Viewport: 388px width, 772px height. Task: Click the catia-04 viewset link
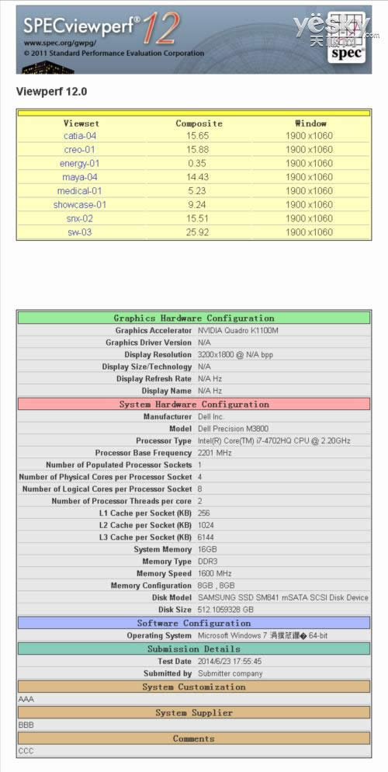click(80, 136)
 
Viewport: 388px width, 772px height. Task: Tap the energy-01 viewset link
click(80, 164)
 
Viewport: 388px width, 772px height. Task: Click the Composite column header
click(199, 123)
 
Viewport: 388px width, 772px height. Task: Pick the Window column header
click(310, 123)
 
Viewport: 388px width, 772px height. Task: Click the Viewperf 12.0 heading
click(51, 92)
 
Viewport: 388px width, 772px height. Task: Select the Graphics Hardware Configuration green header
click(194, 318)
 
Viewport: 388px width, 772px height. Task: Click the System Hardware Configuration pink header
click(194, 405)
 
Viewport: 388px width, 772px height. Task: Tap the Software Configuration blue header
click(194, 623)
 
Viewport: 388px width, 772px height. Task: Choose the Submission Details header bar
click(194, 649)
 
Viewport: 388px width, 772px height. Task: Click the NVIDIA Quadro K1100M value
click(238, 330)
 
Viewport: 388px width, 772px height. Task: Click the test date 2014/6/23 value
click(230, 662)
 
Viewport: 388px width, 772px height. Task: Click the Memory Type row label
click(166, 562)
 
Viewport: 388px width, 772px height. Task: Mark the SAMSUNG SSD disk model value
click(282, 598)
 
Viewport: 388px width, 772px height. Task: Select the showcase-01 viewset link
click(80, 205)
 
